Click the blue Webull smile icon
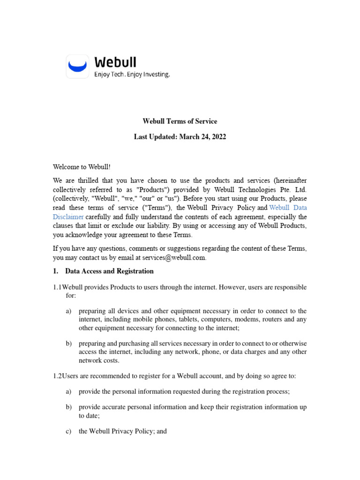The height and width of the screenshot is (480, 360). (77, 66)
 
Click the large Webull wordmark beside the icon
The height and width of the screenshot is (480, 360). (115, 62)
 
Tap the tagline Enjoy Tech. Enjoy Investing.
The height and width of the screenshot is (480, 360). (132, 75)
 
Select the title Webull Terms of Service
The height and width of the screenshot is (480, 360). (180, 121)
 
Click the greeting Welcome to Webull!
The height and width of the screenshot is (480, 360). (82, 167)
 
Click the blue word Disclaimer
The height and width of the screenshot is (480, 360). (68, 217)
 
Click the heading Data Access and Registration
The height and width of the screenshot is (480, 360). (109, 271)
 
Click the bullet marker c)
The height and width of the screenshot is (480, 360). (68, 431)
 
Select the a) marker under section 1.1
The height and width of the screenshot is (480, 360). (68, 311)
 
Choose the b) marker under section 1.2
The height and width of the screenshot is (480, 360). (68, 407)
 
